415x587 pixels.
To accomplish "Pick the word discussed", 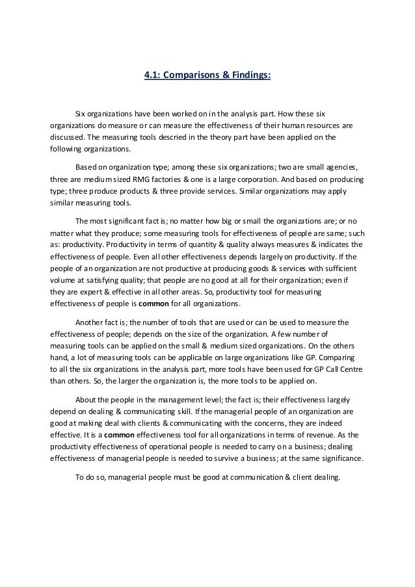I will tap(67, 137).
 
